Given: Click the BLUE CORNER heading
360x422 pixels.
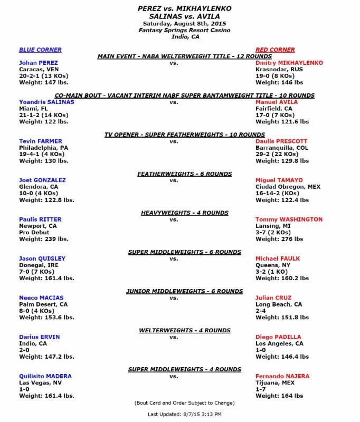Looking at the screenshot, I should pyautogui.click(x=40, y=50).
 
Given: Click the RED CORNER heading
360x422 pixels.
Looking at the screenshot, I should pyautogui.click(x=275, y=50).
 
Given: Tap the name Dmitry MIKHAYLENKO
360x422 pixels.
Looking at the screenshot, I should pyautogui.click(x=289, y=63).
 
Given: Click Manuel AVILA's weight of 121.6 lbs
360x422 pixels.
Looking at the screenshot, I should pyautogui.click(x=282, y=121).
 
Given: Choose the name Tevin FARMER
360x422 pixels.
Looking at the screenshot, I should pyautogui.click(x=40, y=141).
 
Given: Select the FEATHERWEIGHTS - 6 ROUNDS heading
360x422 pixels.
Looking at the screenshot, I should pyautogui.click(x=184, y=174).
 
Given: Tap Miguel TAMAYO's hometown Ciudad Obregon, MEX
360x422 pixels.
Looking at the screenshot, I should pyautogui.click(x=288, y=187).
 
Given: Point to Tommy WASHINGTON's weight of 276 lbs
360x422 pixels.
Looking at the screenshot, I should pyautogui.click(x=279, y=238).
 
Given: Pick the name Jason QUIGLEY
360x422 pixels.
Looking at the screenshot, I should pyautogui.click(x=42, y=258).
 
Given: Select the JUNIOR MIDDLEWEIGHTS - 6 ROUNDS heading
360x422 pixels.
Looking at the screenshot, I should pyautogui.click(x=184, y=291).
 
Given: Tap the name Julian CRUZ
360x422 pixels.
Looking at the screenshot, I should pyautogui.click(x=273, y=298).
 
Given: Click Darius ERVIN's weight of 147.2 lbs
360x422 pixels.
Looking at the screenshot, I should pyautogui.click(x=46, y=356).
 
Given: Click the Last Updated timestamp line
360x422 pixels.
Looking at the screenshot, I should pyautogui.click(x=184, y=414).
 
